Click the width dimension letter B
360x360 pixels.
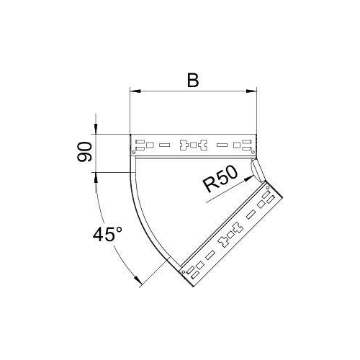click(x=193, y=79)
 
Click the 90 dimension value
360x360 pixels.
click(x=85, y=153)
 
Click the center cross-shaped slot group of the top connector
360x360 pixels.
click(x=194, y=145)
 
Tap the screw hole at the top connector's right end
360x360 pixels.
click(x=253, y=152)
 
